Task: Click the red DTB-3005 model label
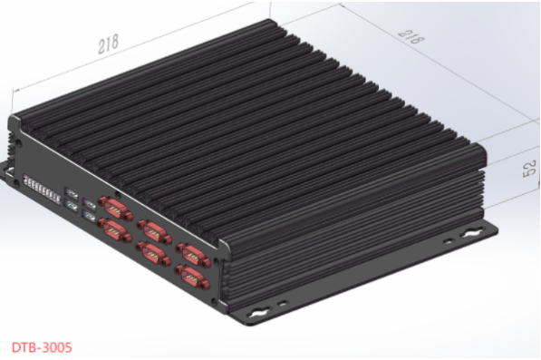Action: pyautogui.click(x=42, y=347)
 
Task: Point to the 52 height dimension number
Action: pyautogui.click(x=530, y=168)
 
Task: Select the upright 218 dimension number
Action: pyautogui.click(x=108, y=44)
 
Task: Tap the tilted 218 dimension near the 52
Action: pyautogui.click(x=411, y=37)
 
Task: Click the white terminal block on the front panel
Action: pyautogui.click(x=42, y=190)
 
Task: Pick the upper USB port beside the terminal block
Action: pyautogui.click(x=71, y=192)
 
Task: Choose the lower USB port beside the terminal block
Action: pyautogui.click(x=71, y=206)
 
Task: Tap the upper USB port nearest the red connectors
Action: pyautogui.click(x=89, y=204)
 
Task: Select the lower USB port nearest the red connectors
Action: pyautogui.click(x=89, y=218)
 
